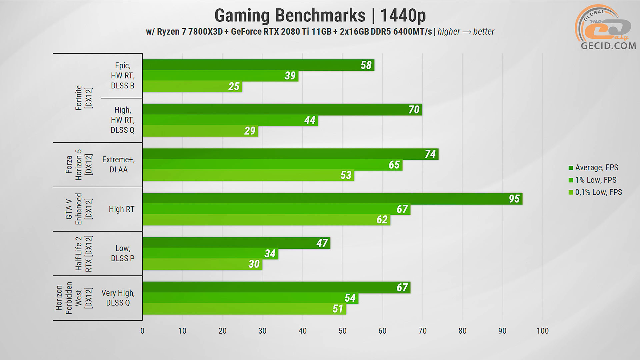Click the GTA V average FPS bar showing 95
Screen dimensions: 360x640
pyautogui.click(x=332, y=198)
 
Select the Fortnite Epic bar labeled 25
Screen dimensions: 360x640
pyautogui.click(x=192, y=87)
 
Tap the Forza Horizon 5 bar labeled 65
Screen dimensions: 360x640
pyautogui.click(x=272, y=165)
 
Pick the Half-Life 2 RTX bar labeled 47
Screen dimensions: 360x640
pyautogui.click(x=236, y=243)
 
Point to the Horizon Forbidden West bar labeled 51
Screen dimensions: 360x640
pyautogui.click(x=244, y=309)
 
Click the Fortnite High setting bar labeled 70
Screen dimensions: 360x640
pyautogui.click(x=282, y=110)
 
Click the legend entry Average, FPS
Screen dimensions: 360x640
pyautogui.click(x=596, y=168)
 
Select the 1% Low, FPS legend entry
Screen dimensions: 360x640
pyautogui.click(x=595, y=180)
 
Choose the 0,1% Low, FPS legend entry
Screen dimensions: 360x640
pyautogui.click(x=598, y=192)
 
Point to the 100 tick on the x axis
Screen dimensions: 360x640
pyautogui.click(x=542, y=331)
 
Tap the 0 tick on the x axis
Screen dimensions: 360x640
pyautogui.click(x=142, y=331)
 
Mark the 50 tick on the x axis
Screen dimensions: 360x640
pyautogui.click(x=342, y=331)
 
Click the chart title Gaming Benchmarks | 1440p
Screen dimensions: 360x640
pyautogui.click(x=320, y=15)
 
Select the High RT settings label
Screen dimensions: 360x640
pyautogui.click(x=121, y=209)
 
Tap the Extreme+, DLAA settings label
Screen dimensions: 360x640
pyautogui.click(x=118, y=165)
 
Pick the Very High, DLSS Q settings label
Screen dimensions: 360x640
pyautogui.click(x=118, y=298)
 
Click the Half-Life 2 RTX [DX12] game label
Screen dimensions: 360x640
pyautogui.click(x=83, y=254)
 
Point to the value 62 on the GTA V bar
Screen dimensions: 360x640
pyautogui.click(x=382, y=220)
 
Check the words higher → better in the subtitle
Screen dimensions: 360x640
pyautogui.click(x=466, y=32)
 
